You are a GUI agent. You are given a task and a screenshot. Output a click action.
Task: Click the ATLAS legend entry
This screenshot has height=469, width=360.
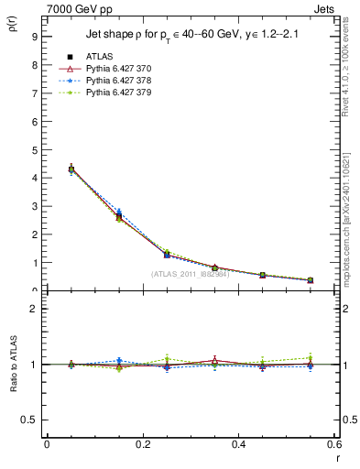[x=98, y=57]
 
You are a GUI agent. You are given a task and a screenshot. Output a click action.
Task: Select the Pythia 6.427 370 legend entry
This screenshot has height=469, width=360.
[x=119, y=69]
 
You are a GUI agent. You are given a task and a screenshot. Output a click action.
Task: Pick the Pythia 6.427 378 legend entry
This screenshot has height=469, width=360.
[x=119, y=81]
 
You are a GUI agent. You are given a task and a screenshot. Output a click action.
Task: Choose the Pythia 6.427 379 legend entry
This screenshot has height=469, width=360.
[x=119, y=93]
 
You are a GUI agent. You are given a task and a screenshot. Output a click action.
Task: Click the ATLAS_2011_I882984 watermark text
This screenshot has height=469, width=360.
[x=190, y=274]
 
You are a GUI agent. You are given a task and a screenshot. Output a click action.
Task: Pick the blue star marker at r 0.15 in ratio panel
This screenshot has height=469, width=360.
[x=119, y=360]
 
